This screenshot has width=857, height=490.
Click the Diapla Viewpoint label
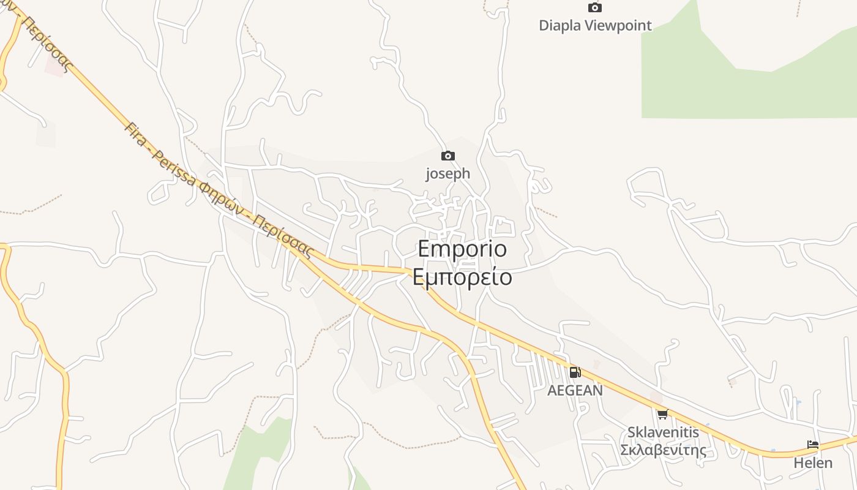pos(595,26)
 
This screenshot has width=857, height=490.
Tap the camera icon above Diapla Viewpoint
pos(594,8)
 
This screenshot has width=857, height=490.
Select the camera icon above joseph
pos(448,156)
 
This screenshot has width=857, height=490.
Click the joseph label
pos(448,174)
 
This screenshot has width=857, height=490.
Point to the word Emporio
pos(462,249)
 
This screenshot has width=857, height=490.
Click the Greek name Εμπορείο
pos(462,277)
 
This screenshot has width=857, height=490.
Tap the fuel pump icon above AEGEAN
pos(575,372)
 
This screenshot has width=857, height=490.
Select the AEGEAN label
pos(575,390)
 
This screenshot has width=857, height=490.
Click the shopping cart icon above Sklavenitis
pos(662,415)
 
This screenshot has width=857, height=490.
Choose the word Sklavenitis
pos(663,432)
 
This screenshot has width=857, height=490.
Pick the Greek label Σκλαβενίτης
pos(663,451)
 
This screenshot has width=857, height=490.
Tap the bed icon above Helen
pos(813,445)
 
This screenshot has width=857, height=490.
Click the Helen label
pos(813,463)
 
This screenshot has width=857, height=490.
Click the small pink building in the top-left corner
pos(54,66)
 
